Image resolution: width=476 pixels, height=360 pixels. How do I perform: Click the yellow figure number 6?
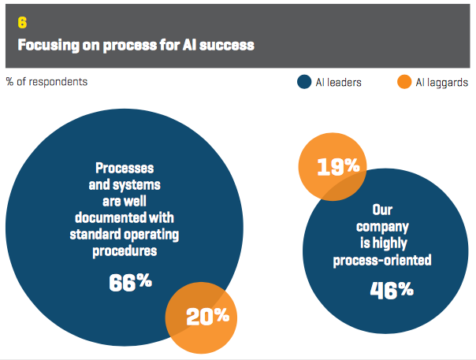point(22,23)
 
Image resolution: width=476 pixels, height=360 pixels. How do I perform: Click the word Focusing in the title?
point(48,45)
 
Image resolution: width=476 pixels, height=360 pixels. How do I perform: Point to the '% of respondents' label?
point(46,82)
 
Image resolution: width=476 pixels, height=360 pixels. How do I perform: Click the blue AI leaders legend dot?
point(304,82)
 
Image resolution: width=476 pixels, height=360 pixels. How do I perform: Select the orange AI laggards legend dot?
point(404,82)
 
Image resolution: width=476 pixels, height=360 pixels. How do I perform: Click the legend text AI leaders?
point(339,82)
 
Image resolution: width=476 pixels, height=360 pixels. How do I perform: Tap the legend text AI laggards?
point(442,83)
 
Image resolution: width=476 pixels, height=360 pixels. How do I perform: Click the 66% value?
point(131,282)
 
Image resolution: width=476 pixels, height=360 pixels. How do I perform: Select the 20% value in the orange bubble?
point(207,317)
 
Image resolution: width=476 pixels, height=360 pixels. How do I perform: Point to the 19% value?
point(339,167)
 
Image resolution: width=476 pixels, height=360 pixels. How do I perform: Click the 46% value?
point(392,290)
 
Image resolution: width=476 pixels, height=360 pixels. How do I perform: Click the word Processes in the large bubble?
point(125,168)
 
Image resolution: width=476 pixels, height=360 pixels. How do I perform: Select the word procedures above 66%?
point(125,251)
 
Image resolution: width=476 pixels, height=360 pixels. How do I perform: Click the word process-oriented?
point(382,261)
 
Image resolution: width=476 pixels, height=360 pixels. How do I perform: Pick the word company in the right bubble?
point(382,228)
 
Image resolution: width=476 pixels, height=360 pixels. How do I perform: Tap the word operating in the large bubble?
point(151,235)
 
